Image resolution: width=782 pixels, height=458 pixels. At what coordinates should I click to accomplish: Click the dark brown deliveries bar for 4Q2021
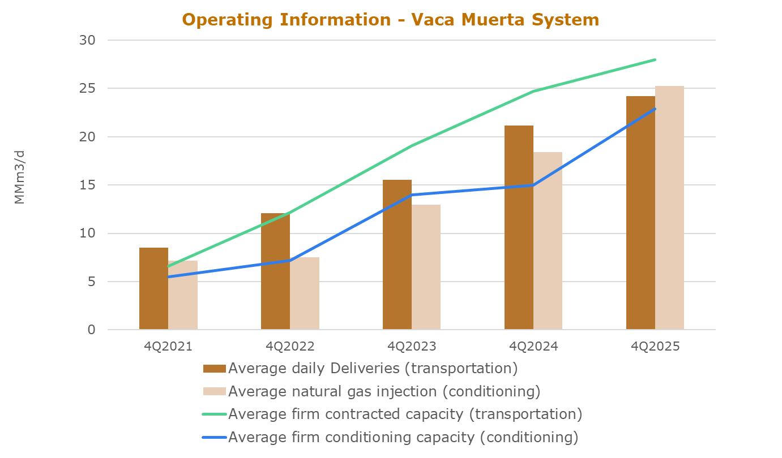tap(153, 288)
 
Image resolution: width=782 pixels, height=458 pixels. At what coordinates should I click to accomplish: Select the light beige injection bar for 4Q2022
tap(305, 293)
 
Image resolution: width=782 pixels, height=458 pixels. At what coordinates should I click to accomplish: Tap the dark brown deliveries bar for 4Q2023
tap(397, 255)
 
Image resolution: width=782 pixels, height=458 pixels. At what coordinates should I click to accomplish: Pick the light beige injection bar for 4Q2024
tap(548, 241)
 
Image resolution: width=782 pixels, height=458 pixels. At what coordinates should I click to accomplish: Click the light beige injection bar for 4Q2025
tap(669, 208)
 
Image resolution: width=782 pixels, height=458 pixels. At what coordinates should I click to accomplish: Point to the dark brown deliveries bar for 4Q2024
tap(519, 228)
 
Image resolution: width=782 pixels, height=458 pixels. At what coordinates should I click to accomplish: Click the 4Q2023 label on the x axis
tap(412, 347)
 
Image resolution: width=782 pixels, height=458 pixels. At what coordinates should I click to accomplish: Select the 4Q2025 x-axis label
tap(655, 347)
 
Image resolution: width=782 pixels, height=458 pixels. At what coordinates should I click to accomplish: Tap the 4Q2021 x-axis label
tap(168, 347)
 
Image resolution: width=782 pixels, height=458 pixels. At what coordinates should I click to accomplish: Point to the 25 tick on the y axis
tap(87, 89)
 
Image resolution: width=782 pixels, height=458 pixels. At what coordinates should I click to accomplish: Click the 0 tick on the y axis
tap(92, 330)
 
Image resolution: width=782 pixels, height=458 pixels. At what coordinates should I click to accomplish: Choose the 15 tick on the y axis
tap(87, 185)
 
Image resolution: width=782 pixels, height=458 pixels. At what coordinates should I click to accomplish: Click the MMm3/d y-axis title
tap(20, 177)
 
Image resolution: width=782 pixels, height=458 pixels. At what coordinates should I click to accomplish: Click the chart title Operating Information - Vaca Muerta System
tap(391, 20)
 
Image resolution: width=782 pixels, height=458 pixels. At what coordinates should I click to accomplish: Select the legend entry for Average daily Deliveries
tap(360, 369)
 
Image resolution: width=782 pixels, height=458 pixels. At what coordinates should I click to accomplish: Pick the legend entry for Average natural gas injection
tap(372, 391)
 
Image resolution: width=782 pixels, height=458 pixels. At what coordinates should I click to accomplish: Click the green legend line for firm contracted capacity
tap(215, 414)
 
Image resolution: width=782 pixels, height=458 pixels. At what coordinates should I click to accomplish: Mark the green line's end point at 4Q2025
tap(655, 59)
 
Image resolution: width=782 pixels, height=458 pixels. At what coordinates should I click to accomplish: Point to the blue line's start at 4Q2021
tap(168, 277)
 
